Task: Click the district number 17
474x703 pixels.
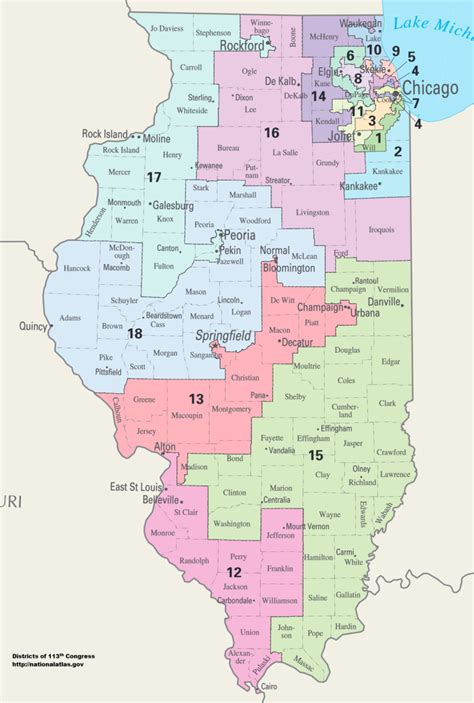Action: pos(153,178)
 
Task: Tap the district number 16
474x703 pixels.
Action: pos(271,132)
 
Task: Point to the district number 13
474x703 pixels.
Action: pos(197,399)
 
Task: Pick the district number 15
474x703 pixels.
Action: pos(316,456)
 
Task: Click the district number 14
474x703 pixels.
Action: pos(318,96)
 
